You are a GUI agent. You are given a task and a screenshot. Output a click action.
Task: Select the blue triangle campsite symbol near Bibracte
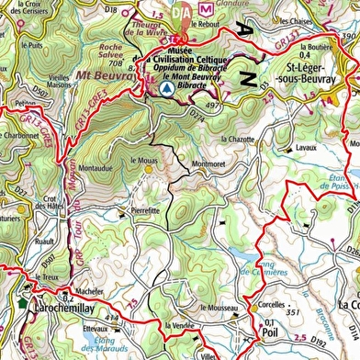tap(165, 91)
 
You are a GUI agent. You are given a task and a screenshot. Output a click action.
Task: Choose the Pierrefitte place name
tap(145, 210)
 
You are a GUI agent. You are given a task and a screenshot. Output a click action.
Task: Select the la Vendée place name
tap(180, 325)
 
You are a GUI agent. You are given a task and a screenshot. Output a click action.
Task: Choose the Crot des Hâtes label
tap(51, 206)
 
